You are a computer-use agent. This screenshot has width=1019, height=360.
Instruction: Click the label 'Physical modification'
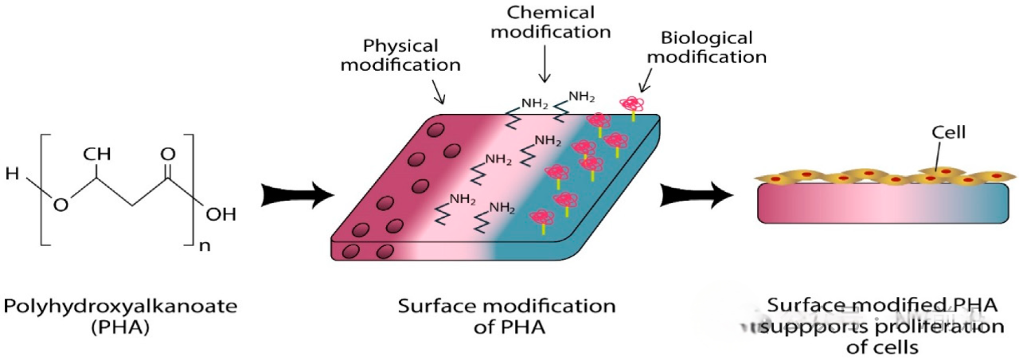click(x=400, y=54)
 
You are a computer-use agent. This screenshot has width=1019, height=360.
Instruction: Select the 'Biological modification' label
click(x=713, y=48)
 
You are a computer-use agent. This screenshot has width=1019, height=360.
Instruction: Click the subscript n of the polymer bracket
click(x=205, y=245)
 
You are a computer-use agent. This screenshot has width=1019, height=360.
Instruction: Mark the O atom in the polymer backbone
click(x=61, y=206)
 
